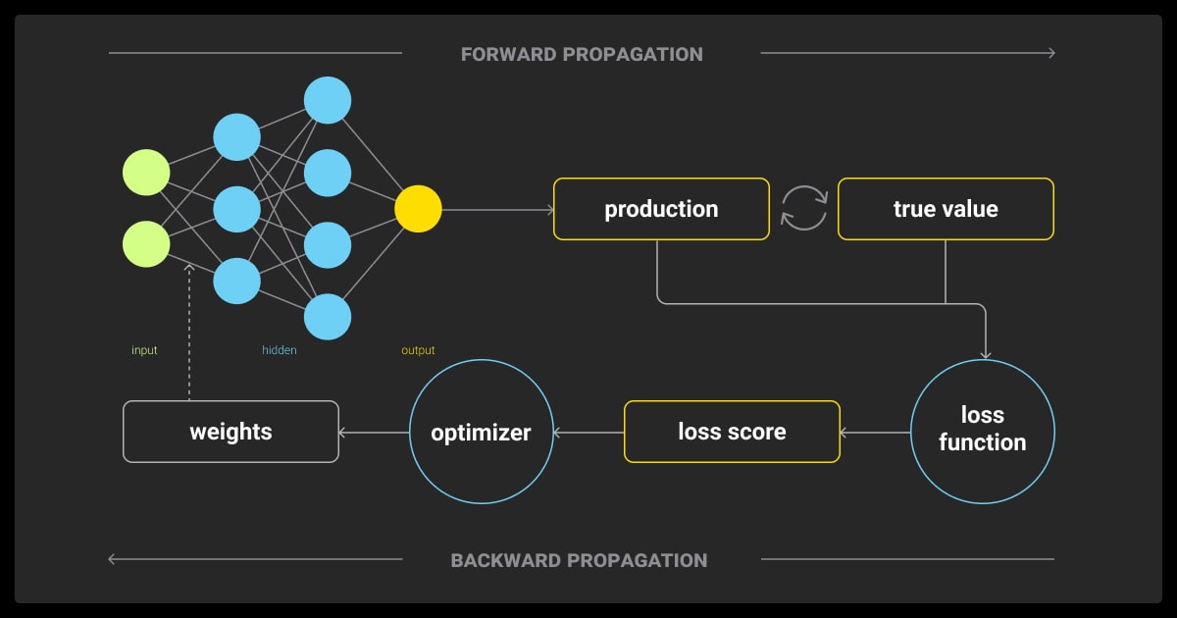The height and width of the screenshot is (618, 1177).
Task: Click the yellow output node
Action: (418, 209)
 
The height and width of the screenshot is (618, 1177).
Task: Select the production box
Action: (661, 209)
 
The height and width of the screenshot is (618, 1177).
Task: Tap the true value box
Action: (946, 209)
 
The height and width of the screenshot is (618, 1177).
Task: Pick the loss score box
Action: (732, 432)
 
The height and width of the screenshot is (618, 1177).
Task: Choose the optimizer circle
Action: (481, 432)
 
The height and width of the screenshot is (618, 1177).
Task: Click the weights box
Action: (230, 432)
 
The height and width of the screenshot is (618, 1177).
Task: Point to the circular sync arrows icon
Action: (803, 209)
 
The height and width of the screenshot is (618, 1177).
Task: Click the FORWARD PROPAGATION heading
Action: (582, 54)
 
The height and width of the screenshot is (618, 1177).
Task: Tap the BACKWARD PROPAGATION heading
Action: (579, 561)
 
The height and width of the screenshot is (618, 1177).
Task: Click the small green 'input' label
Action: (144, 350)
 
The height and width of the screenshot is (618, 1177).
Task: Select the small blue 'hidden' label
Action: (280, 350)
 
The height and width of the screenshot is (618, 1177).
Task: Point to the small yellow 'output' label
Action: (418, 350)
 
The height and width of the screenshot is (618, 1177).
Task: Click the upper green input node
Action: (146, 173)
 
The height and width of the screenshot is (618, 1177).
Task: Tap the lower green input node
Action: (146, 244)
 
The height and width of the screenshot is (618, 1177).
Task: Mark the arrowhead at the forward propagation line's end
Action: (1050, 53)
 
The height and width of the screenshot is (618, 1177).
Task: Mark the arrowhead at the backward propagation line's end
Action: (113, 559)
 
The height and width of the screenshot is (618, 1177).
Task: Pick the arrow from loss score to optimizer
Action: (588, 432)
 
